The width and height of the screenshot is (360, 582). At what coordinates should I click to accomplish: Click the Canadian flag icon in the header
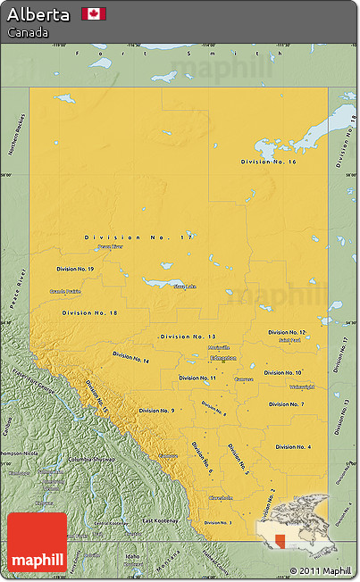pyautogui.click(x=94, y=13)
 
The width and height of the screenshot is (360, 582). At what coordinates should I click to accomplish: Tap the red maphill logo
pyautogui.click(x=37, y=542)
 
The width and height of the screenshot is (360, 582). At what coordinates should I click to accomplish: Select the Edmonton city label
pyautogui.click(x=222, y=358)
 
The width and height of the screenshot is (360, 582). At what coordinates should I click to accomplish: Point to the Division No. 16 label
pyautogui.click(x=269, y=162)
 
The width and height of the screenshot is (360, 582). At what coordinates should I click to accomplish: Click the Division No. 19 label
pyautogui.click(x=75, y=269)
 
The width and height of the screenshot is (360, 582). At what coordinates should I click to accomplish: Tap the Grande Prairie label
pyautogui.click(x=65, y=291)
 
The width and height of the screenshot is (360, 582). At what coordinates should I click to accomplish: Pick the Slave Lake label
pyautogui.click(x=185, y=287)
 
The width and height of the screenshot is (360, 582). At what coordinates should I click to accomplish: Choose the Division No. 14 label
pyautogui.click(x=131, y=357)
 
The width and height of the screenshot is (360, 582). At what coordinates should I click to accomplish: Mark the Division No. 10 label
pyautogui.click(x=283, y=372)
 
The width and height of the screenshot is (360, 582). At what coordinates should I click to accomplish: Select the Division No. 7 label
pyautogui.click(x=287, y=404)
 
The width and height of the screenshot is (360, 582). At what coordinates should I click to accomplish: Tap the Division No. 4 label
pyautogui.click(x=293, y=446)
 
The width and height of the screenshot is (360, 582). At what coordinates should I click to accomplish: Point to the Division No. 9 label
pyautogui.click(x=156, y=411)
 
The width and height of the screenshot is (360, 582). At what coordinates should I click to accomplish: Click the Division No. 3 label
pyautogui.click(x=217, y=523)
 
